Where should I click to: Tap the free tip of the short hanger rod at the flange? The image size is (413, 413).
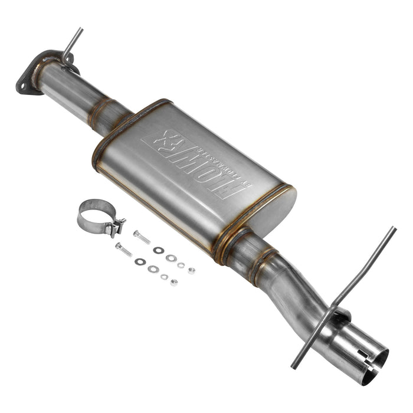point(81,29)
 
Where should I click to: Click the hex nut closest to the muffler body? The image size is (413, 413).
point(191,271)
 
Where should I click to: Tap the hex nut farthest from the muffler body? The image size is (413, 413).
point(173,283)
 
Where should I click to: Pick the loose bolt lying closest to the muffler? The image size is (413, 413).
point(142,237)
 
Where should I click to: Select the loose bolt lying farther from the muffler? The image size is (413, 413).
point(123,250)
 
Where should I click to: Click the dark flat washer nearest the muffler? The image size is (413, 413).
point(158,250)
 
